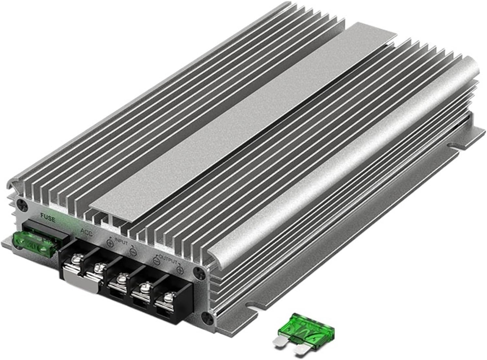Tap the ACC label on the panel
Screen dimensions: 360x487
(87, 232)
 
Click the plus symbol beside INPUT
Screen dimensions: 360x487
(110, 243)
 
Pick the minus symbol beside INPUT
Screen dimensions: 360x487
(133, 251)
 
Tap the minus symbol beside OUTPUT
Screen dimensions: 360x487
(156, 261)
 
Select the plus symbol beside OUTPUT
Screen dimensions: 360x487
(179, 270)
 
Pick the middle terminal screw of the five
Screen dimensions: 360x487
(122, 279)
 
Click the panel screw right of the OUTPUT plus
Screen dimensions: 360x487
(196, 271)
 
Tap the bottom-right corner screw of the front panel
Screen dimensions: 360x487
(206, 316)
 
